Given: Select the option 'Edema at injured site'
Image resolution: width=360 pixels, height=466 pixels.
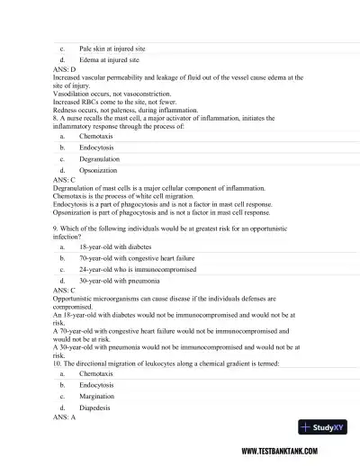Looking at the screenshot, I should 109,59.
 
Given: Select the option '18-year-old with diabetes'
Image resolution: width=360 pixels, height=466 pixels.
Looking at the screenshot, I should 115,246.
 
